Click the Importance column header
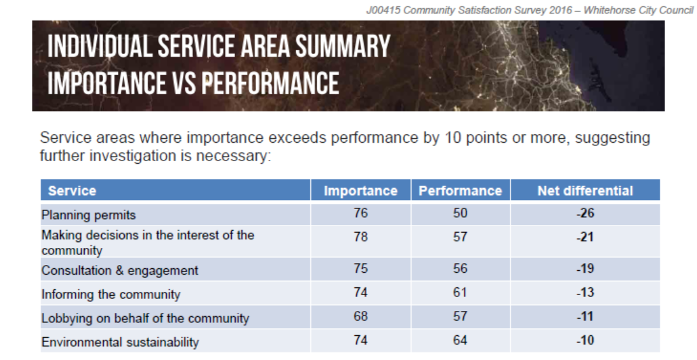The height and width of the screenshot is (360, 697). [361, 191]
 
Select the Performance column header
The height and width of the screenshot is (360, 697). [460, 191]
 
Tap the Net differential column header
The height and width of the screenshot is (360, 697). [585, 191]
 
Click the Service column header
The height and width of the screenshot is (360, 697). [72, 191]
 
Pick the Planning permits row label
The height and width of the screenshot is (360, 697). [89, 215]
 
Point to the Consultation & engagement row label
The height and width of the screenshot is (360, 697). [120, 270]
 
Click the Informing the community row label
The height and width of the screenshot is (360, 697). [111, 294]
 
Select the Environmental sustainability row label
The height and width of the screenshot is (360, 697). [120, 342]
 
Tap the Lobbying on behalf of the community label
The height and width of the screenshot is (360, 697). [145, 318]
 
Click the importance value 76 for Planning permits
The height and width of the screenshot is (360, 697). [361, 213]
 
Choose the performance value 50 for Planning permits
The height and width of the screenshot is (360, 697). [460, 213]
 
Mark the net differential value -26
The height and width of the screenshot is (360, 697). [585, 213]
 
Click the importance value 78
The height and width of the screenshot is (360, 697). [361, 236]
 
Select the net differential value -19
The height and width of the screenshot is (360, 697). [585, 268]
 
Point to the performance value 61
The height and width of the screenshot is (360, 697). [460, 292]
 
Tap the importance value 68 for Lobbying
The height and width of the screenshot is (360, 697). [361, 316]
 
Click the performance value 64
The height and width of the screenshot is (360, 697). [460, 340]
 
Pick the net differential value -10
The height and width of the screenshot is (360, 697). [585, 340]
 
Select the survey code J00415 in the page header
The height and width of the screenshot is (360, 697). [383, 10]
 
